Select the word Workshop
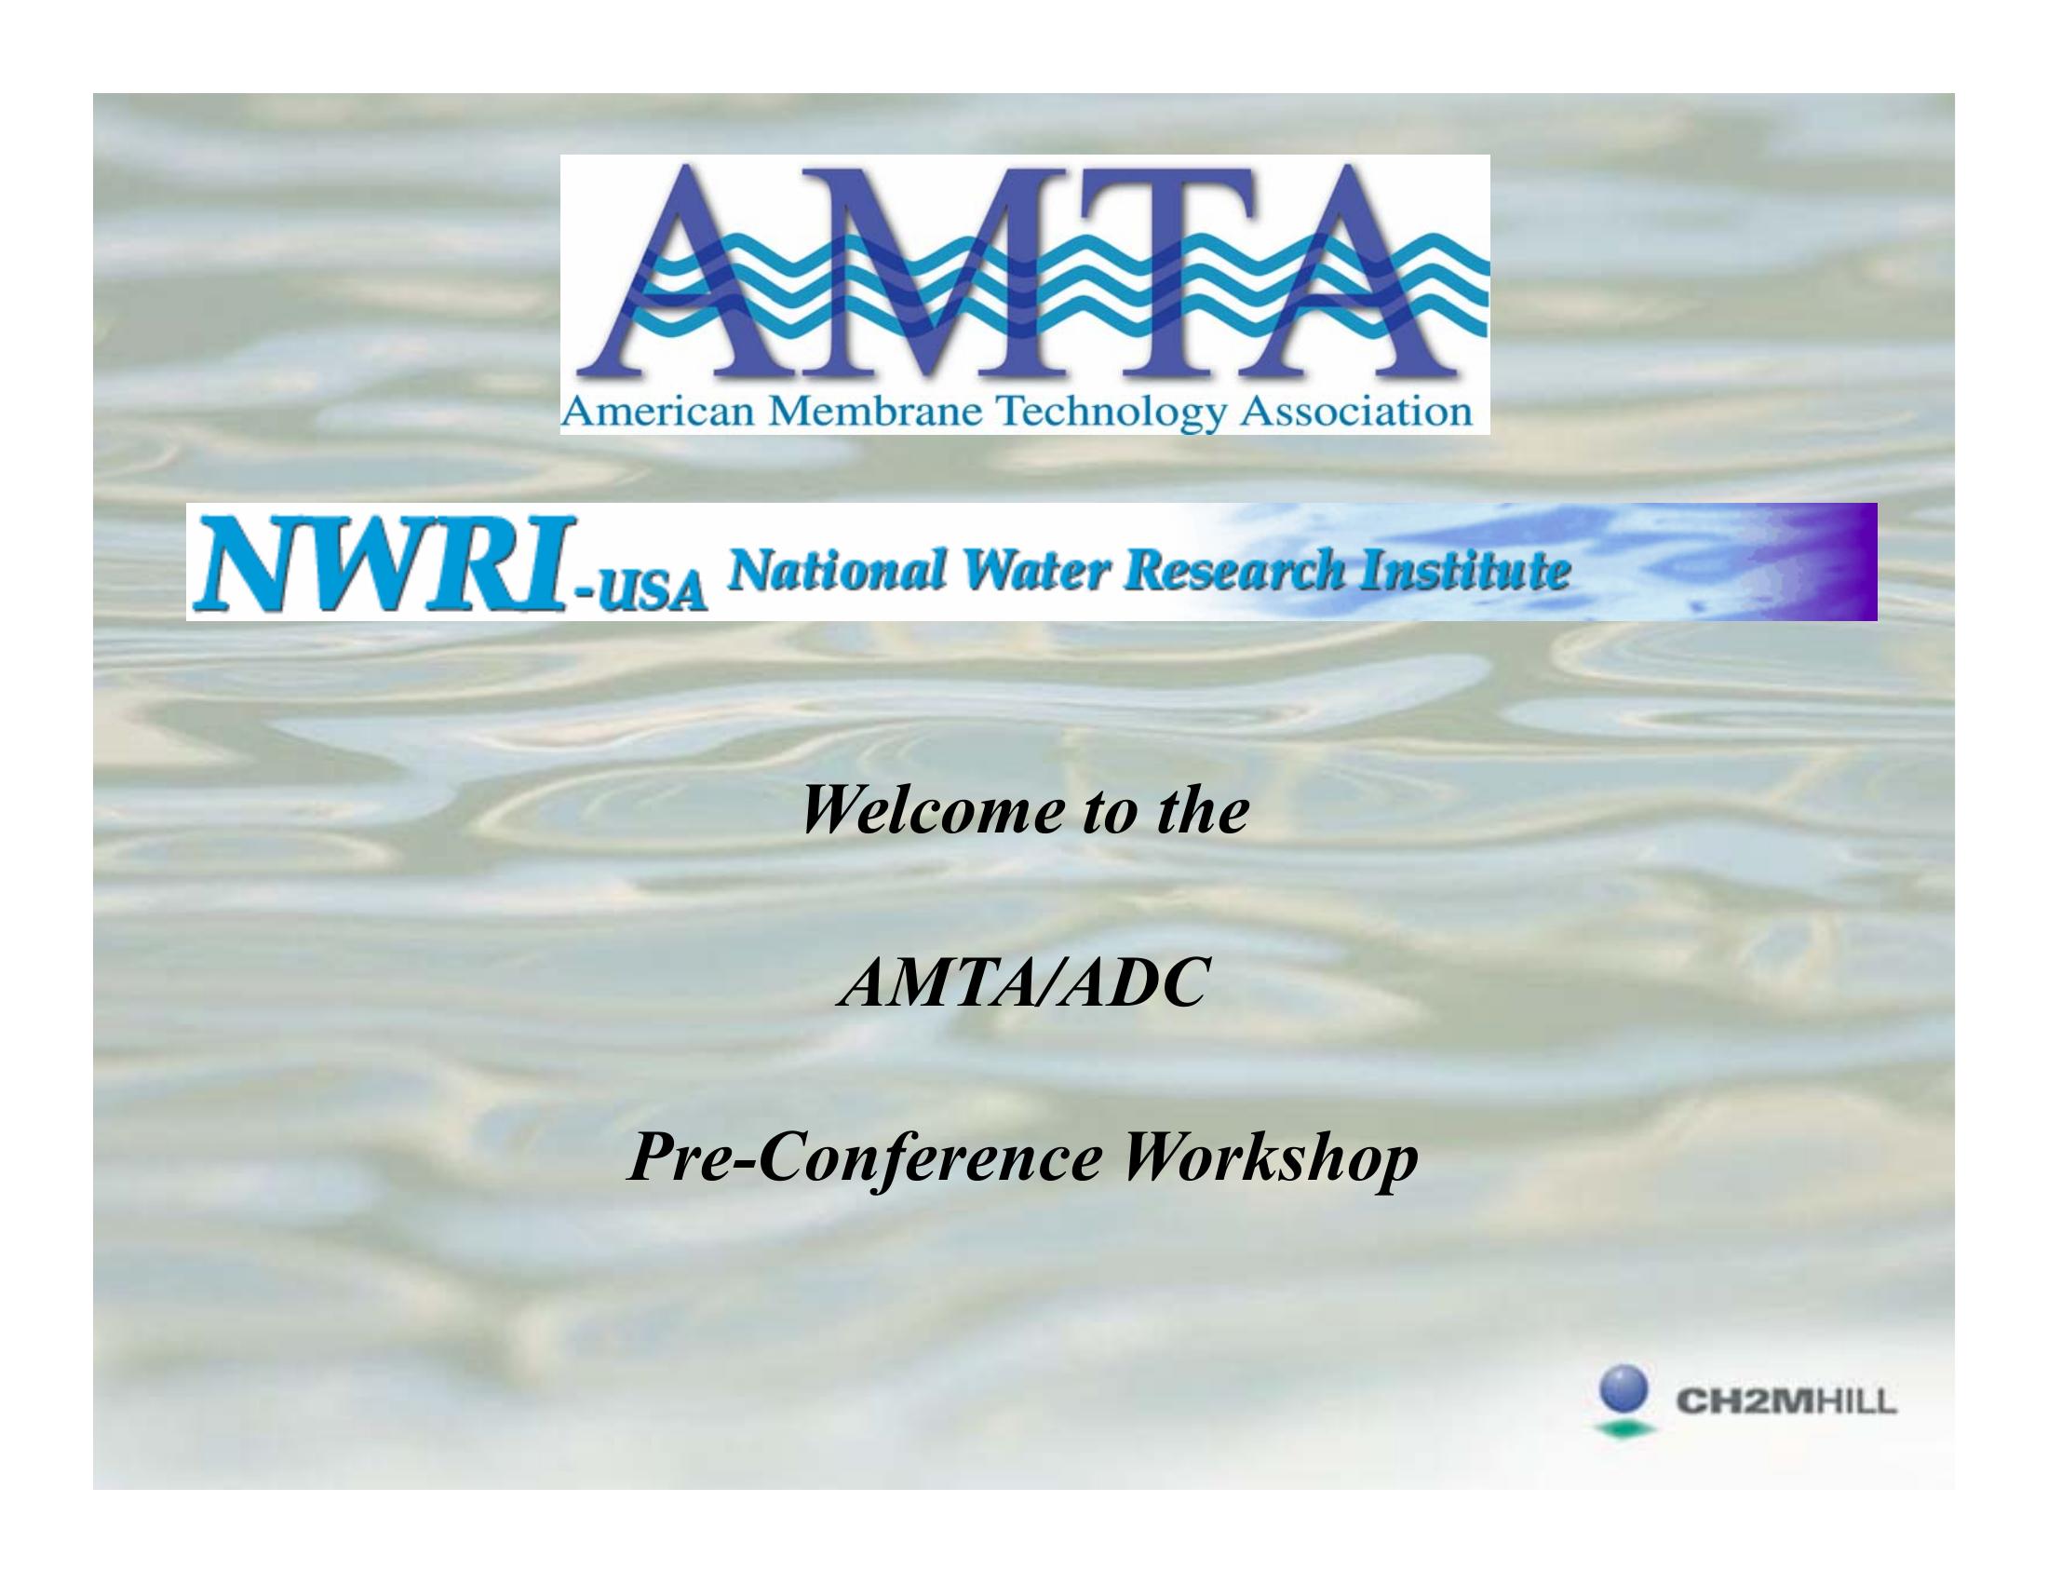(1272, 1163)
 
